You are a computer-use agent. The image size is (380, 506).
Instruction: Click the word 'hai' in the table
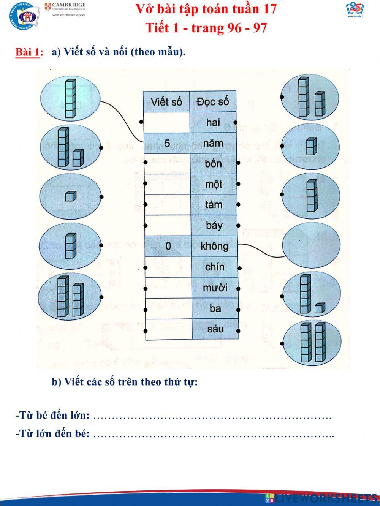pyautogui.click(x=213, y=122)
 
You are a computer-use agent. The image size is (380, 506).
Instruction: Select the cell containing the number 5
pyautogui.click(x=167, y=143)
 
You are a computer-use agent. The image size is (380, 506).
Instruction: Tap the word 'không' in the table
pyautogui.click(x=214, y=246)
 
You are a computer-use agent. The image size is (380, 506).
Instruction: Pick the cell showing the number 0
pyautogui.click(x=168, y=246)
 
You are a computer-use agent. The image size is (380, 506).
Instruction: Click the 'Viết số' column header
pyautogui.click(x=166, y=102)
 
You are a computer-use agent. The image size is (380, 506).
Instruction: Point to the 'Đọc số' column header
pyautogui.click(x=212, y=102)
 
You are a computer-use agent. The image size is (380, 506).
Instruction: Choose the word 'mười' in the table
pyautogui.click(x=215, y=288)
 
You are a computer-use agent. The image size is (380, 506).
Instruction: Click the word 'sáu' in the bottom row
pyautogui.click(x=215, y=329)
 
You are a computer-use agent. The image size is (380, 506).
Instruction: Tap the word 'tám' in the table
pyautogui.click(x=214, y=205)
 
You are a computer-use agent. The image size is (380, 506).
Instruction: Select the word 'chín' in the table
pyautogui.click(x=214, y=267)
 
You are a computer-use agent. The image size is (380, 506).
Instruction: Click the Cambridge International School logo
pyautogui.click(x=65, y=9)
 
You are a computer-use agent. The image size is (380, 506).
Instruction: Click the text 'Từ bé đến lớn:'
pyautogui.click(x=52, y=416)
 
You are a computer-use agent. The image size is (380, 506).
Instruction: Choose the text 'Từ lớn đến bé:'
pyautogui.click(x=52, y=433)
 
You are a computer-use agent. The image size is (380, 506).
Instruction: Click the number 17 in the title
pyautogui.click(x=269, y=9)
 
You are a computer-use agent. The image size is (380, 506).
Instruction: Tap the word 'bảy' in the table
pyautogui.click(x=214, y=225)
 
